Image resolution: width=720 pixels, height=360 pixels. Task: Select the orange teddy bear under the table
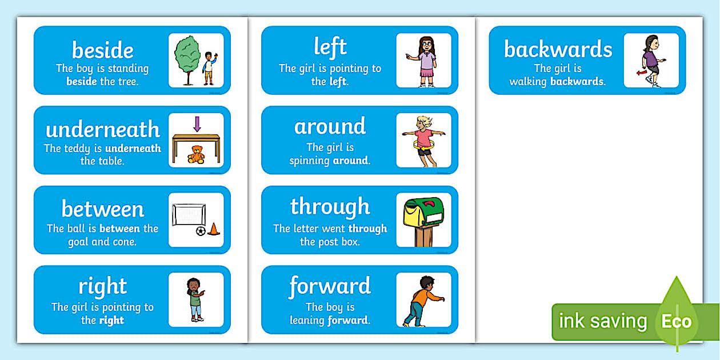[196, 155]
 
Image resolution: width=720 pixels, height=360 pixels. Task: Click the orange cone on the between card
[214, 229]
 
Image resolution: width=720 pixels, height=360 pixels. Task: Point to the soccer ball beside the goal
[201, 231]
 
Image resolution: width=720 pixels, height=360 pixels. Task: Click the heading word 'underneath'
[103, 129]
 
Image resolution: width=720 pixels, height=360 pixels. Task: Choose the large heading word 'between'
[103, 209]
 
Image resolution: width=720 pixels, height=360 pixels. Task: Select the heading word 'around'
[330, 126]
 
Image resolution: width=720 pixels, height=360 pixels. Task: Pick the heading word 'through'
[330, 206]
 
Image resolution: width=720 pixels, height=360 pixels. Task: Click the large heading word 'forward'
[330, 286]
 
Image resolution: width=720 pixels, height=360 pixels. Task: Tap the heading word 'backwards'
[558, 49]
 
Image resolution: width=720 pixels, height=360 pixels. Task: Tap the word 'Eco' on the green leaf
[677, 321]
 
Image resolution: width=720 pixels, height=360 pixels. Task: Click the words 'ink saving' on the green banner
[603, 321]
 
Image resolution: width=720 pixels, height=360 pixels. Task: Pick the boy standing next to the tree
[209, 67]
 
